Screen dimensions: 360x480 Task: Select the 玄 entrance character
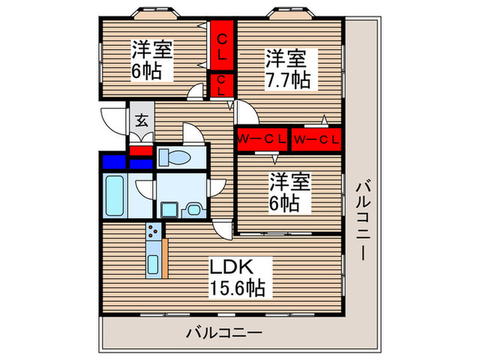pos(141,122)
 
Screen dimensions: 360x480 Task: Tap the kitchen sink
pos(156,263)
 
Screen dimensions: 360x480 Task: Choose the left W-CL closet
pos(261,140)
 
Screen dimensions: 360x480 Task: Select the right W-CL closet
pos(316,140)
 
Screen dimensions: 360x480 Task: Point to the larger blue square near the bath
pos(114,163)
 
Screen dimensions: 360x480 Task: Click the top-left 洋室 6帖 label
pos(152,60)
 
